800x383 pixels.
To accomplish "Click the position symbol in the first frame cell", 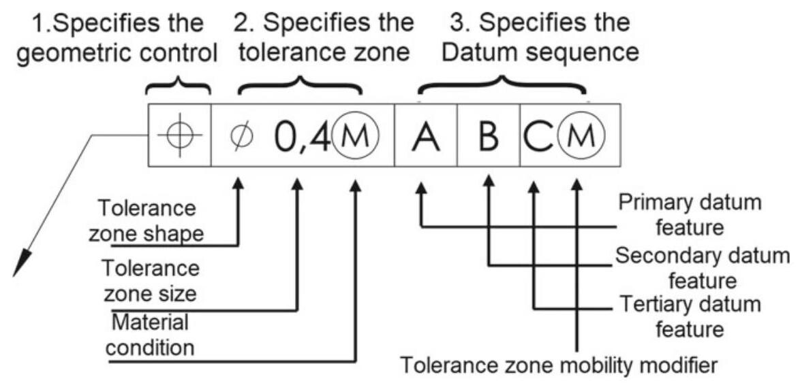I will pyautogui.click(x=179, y=135).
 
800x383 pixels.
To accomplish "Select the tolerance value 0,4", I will pyautogui.click(x=301, y=136).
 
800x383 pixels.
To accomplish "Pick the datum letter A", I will pyautogui.click(x=425, y=136).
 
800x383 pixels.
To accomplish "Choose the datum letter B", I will pyautogui.click(x=489, y=136).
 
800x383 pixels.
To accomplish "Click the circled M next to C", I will pyautogui.click(x=579, y=136).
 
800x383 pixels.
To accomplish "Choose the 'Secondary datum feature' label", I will pyautogui.click(x=702, y=267).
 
